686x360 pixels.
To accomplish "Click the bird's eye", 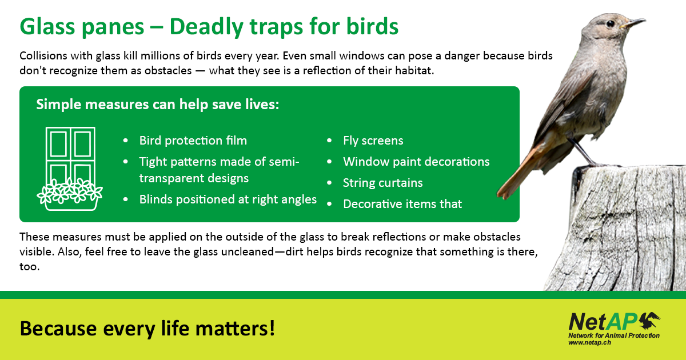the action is click(611, 23).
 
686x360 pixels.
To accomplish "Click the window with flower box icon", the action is click(70, 169).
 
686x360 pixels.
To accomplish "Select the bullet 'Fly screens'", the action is click(373, 141).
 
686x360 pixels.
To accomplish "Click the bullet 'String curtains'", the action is click(382, 183).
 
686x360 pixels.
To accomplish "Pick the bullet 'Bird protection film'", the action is click(193, 141).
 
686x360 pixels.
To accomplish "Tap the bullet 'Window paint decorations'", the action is click(416, 162).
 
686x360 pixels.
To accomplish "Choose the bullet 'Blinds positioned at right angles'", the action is click(228, 199).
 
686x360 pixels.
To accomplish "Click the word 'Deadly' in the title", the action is click(205, 27).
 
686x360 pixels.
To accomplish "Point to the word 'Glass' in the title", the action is click(47, 27).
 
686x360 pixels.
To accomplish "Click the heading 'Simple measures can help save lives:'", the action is click(158, 105).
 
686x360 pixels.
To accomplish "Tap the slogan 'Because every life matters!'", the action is click(147, 329).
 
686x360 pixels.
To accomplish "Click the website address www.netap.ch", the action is click(589, 342).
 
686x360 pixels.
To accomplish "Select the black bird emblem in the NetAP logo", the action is click(649, 321).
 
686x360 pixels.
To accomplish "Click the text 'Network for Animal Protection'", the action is click(614, 335).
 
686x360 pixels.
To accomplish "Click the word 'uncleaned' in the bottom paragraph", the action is click(248, 251).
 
